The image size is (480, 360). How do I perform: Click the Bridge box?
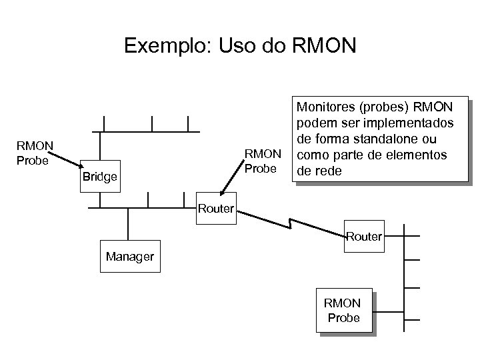pyautogui.click(x=99, y=177)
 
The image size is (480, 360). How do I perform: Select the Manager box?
pyautogui.click(x=129, y=257)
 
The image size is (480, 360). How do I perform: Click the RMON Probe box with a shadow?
pyautogui.click(x=343, y=311)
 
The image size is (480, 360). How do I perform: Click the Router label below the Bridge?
pyautogui.click(x=215, y=209)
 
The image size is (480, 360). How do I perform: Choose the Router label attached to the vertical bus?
pyautogui.click(x=364, y=236)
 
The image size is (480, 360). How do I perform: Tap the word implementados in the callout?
pyautogui.click(x=411, y=124)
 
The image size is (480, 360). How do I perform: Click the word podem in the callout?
pyautogui.click(x=312, y=124)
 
